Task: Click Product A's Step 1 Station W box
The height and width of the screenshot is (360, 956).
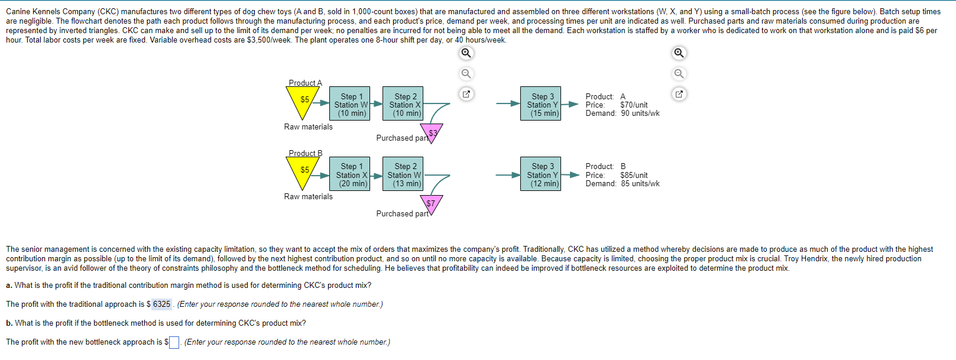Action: coord(352,104)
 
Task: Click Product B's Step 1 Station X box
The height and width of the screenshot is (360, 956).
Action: coord(352,174)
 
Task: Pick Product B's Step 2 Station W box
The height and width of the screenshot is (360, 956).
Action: coord(404,174)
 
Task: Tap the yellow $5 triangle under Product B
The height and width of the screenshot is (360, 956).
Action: coord(303,171)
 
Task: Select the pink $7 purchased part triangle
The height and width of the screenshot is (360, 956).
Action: coord(431,204)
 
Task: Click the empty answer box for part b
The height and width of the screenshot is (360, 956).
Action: coord(174,342)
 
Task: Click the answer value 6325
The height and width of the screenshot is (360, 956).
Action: coord(161,304)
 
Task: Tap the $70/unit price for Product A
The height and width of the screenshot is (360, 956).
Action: coord(634,105)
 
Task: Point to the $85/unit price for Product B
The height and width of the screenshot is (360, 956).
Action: coord(634,176)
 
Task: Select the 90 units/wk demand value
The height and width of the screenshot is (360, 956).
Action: coord(640,113)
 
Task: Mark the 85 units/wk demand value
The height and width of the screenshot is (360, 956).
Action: coord(640,184)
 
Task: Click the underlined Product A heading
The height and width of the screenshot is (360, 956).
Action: coord(305,83)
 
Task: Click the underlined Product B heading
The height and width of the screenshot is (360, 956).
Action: coord(305,153)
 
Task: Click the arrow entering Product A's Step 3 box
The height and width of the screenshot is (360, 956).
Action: coord(508,104)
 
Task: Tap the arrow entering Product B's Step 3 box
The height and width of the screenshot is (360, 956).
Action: coord(508,175)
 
